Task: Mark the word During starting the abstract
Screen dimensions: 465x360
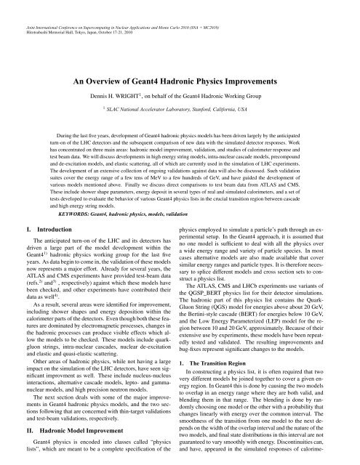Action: coord(60,135)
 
